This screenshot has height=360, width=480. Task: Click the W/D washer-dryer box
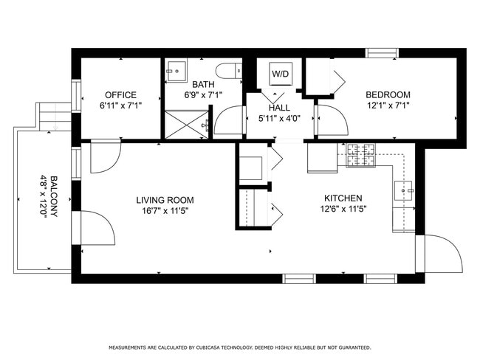point(280,74)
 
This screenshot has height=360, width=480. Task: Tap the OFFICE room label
point(120,95)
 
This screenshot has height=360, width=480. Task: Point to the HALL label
point(279,108)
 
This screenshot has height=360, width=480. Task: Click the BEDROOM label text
point(388,95)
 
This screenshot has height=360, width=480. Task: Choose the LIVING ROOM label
point(165,200)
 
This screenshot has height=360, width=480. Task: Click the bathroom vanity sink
point(176,71)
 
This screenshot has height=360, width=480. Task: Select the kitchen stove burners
point(362,155)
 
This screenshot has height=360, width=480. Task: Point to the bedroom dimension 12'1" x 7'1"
point(388,105)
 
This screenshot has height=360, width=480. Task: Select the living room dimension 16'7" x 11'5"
point(165,210)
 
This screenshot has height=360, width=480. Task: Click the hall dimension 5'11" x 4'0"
point(279,118)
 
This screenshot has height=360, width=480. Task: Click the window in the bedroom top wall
point(383,52)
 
